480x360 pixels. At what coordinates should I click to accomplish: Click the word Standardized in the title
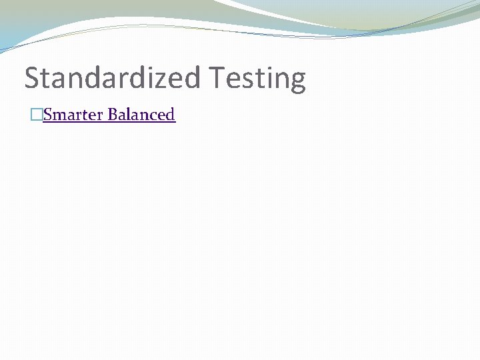[x=112, y=78]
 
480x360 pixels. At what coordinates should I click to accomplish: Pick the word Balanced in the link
[x=141, y=115]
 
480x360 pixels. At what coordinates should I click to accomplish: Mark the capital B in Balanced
[x=113, y=115]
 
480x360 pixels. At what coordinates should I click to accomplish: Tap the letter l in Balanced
[x=128, y=115]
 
